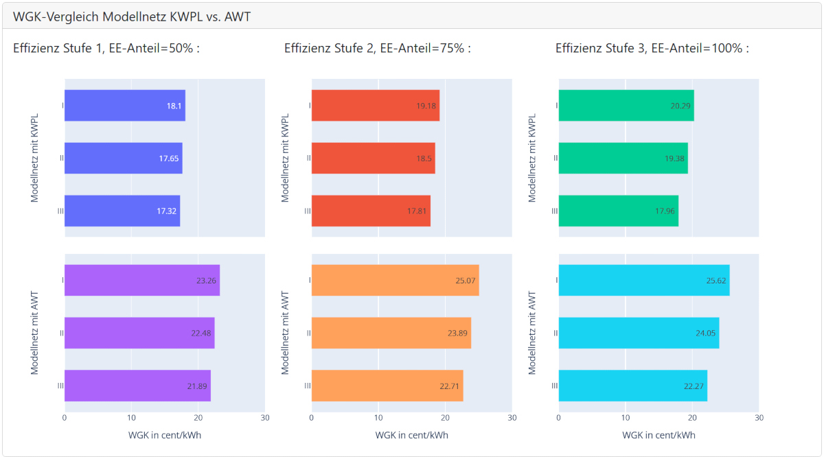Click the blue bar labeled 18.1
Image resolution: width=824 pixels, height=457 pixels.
tap(124, 106)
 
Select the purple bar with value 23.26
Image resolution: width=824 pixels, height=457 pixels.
tap(141, 280)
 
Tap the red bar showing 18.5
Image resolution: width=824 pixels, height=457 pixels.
tap(373, 159)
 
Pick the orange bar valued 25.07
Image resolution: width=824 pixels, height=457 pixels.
tap(395, 280)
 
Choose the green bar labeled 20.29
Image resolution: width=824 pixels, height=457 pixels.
tap(626, 106)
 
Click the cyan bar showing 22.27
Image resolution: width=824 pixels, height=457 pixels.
tap(632, 386)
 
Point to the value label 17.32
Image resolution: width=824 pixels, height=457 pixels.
tap(167, 211)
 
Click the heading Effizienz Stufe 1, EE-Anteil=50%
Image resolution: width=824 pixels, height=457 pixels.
tap(106, 48)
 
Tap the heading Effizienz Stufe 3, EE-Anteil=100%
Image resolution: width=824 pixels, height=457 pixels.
tap(652, 48)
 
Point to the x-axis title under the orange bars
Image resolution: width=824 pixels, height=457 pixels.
tap(411, 435)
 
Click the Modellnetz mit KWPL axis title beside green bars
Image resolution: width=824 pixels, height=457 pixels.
tap(531, 158)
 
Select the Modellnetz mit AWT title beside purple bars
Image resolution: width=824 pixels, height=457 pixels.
tap(34, 333)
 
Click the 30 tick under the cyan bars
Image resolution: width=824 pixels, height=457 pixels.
tap(759, 418)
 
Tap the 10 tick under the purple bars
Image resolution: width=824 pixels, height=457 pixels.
tap(131, 418)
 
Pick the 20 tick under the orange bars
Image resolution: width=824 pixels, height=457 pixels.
tap(445, 418)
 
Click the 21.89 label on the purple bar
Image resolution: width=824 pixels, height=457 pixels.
tap(197, 386)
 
